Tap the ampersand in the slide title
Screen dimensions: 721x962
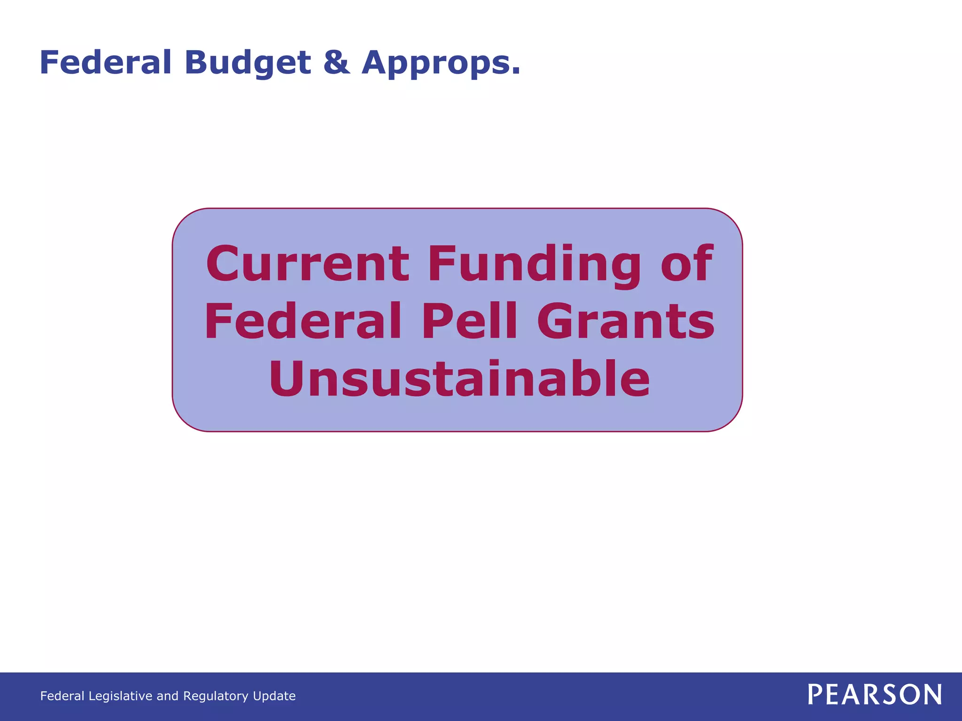(x=336, y=62)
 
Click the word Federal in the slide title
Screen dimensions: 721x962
(x=105, y=62)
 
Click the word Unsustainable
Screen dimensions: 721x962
(x=459, y=379)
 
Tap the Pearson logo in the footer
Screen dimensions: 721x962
(x=875, y=695)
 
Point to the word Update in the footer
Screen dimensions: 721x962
(x=274, y=696)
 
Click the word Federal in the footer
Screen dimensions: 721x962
(x=62, y=696)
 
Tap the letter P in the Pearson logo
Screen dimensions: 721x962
(x=815, y=695)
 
